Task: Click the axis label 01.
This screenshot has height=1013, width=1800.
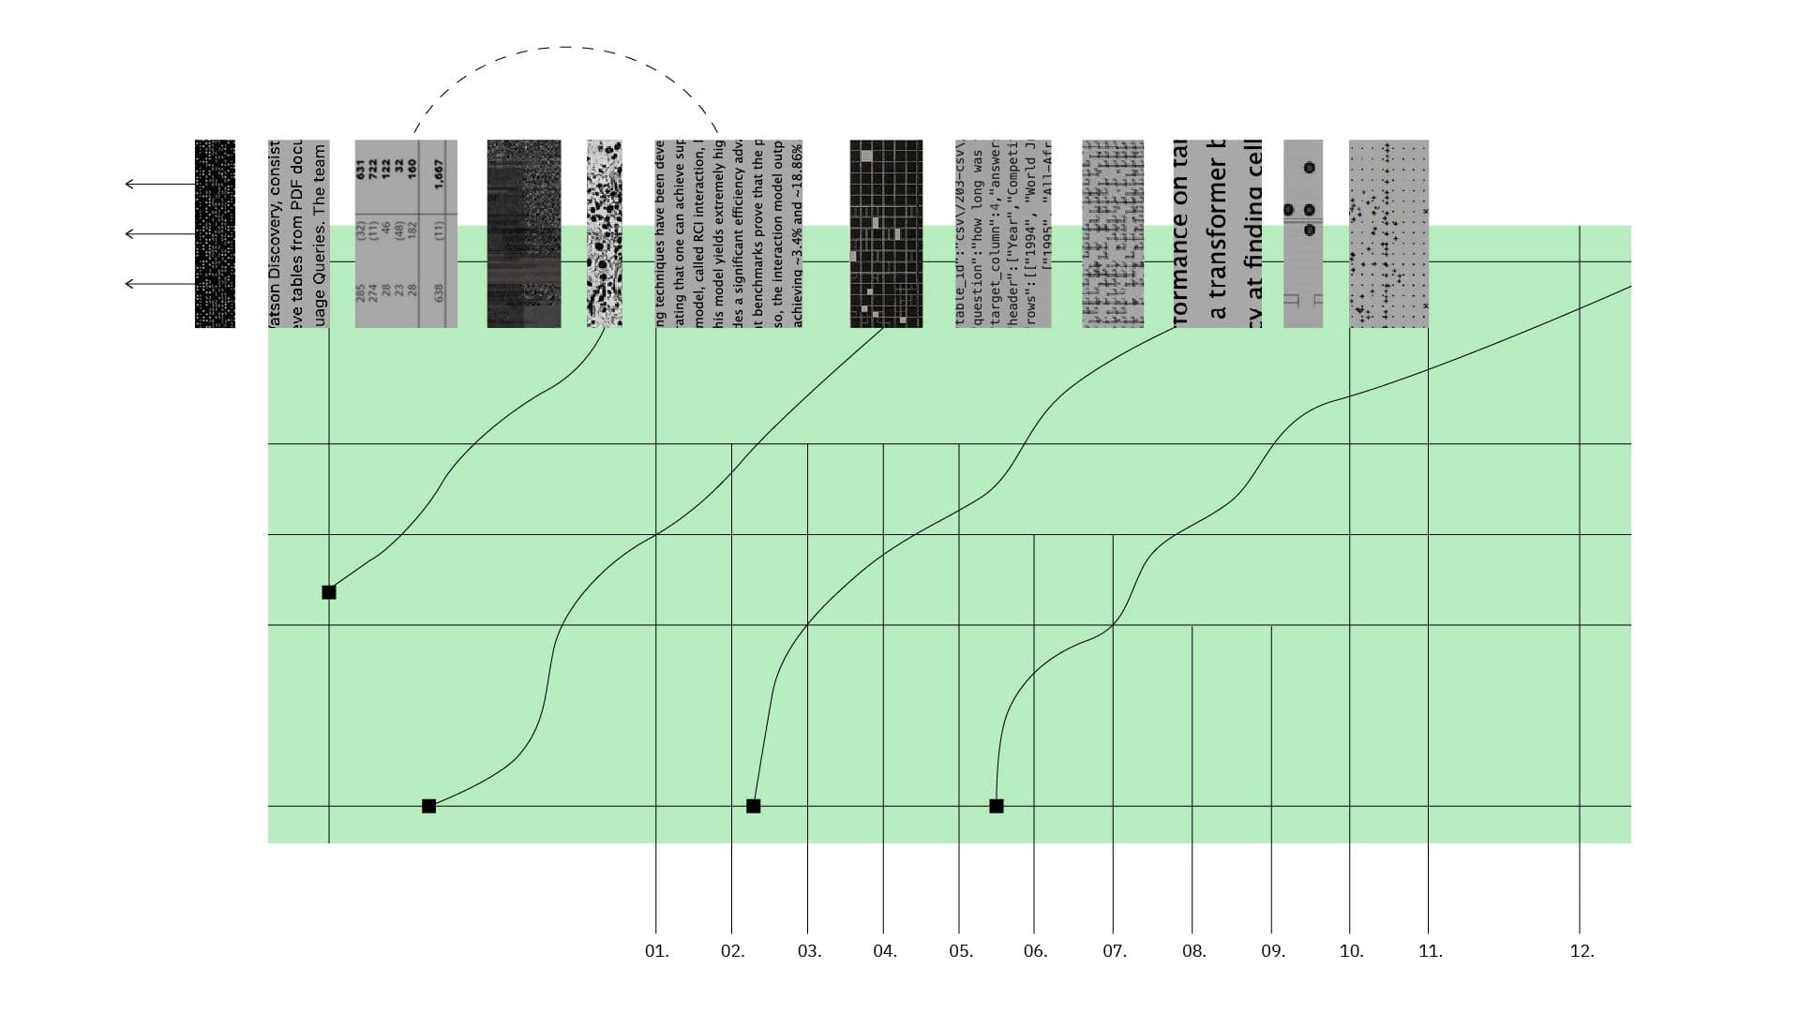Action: coord(656,951)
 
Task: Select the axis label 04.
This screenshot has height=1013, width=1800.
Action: coord(884,951)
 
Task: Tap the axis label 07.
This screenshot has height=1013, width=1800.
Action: coord(1114,951)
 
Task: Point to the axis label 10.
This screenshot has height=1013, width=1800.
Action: coord(1350,951)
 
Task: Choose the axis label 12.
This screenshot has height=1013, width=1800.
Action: coord(1581,951)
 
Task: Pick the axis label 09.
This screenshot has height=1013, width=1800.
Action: coord(1272,951)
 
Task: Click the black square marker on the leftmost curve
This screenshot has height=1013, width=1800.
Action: coord(329,592)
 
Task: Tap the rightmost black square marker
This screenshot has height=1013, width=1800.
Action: coord(997,806)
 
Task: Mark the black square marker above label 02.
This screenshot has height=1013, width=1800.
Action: coord(753,806)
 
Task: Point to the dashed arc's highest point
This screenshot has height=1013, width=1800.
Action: coord(565,47)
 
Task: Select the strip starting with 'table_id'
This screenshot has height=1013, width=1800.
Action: coord(1003,233)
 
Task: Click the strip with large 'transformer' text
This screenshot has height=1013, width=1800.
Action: coord(1217,233)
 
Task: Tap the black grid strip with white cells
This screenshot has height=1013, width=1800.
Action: coord(886,233)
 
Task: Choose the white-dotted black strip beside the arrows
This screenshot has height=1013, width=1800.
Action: coord(215,233)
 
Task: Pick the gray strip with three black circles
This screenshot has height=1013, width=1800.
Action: coord(1303,233)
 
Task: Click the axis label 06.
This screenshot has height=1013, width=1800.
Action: coord(1035,951)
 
